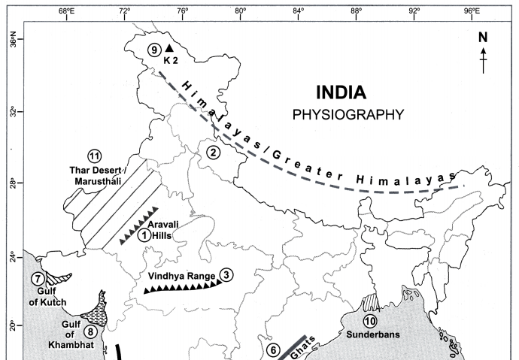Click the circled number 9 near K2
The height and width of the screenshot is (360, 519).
point(154,50)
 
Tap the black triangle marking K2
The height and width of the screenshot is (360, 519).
point(169,48)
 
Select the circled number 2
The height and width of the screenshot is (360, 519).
point(213,153)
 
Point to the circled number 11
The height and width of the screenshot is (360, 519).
point(95,156)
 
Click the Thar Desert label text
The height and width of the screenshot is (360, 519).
point(96,171)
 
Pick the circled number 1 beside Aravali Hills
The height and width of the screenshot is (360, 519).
point(144,235)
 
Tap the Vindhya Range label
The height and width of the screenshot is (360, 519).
point(181,276)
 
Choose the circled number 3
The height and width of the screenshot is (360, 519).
point(226,275)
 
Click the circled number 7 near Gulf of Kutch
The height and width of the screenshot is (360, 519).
point(38,279)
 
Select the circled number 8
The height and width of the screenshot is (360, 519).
point(90,331)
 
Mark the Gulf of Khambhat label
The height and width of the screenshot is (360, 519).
point(71,334)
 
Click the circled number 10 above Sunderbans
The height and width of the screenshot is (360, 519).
point(370,321)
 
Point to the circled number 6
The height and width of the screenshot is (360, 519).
point(273,350)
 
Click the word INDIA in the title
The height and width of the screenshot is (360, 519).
point(341,92)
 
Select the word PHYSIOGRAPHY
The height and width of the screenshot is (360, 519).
point(348,115)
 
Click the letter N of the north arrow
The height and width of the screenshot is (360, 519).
point(483,37)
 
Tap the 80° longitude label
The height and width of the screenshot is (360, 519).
point(241,11)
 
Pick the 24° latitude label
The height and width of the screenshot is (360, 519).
point(13,257)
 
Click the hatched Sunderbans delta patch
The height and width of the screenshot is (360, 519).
point(370,302)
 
